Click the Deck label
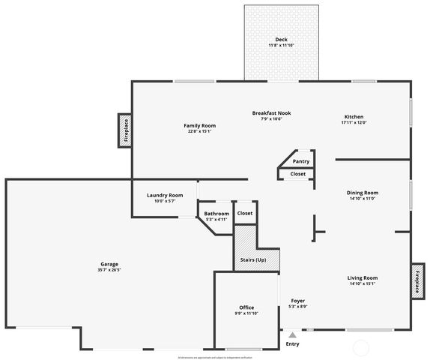tap(281, 40)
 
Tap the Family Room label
tap(200, 126)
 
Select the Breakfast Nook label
tap(271, 113)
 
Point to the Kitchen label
tap(354, 117)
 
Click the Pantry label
tap(301, 161)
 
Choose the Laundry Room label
tap(165, 195)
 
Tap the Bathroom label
tap(216, 214)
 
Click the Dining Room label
tap(362, 193)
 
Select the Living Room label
tap(362, 278)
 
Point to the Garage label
tap(109, 264)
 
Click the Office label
tap(247, 307)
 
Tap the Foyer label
tap(298, 301)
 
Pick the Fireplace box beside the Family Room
tap(126, 129)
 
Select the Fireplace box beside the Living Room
tap(417, 281)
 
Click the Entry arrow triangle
tap(292, 334)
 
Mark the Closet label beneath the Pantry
tap(298, 174)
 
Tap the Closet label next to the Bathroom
tap(245, 214)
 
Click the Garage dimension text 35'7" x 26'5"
tap(109, 270)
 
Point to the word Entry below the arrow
tap(292, 344)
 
